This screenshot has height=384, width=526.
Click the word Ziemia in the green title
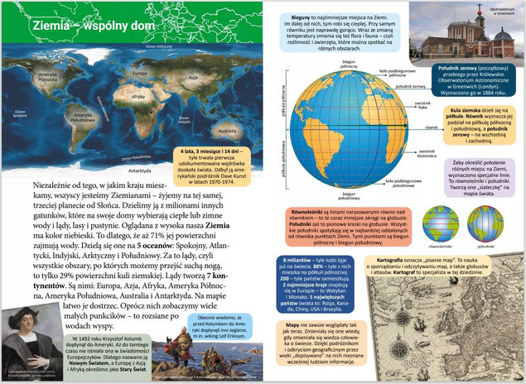pos(51,26)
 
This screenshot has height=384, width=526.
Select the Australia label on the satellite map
pos(226,131)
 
